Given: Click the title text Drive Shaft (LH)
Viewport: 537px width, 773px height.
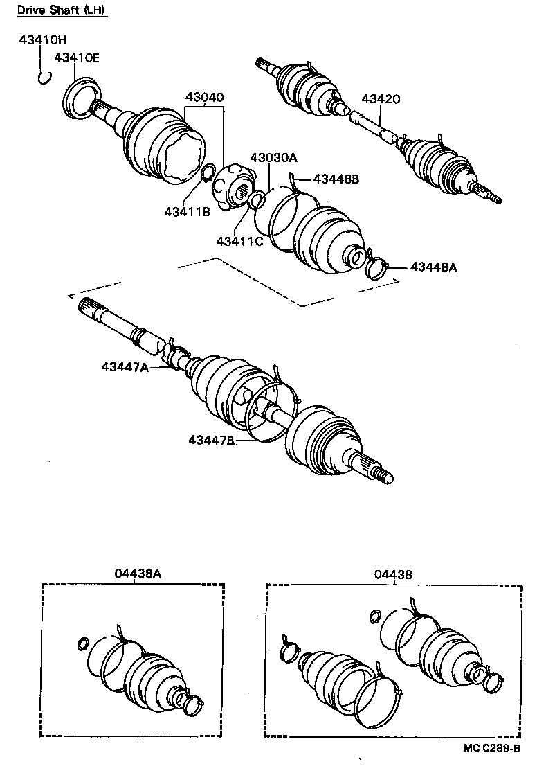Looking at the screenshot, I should click(62, 11).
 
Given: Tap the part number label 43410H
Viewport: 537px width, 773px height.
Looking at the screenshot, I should click(42, 42).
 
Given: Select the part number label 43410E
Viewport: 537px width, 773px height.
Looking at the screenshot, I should click(77, 58).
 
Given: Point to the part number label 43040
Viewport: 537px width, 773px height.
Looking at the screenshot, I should click(203, 98).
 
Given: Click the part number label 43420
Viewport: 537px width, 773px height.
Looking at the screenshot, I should click(380, 100).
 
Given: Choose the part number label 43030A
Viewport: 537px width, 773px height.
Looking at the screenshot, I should click(273, 158).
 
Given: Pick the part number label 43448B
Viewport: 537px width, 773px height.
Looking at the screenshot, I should click(336, 179).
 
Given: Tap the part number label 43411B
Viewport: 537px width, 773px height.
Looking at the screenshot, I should click(187, 211).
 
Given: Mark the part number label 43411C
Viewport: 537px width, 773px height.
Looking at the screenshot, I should click(239, 241).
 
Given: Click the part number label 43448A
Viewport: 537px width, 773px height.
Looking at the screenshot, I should click(434, 267).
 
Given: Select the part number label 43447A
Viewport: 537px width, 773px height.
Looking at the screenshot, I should click(125, 367).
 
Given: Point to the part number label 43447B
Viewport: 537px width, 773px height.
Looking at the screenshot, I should click(212, 440).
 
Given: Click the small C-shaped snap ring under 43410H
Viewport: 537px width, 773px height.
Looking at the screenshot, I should click(44, 77).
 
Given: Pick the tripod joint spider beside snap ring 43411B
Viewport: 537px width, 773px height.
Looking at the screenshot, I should click(232, 186).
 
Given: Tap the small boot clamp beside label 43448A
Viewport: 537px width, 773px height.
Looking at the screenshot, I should click(377, 266).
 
